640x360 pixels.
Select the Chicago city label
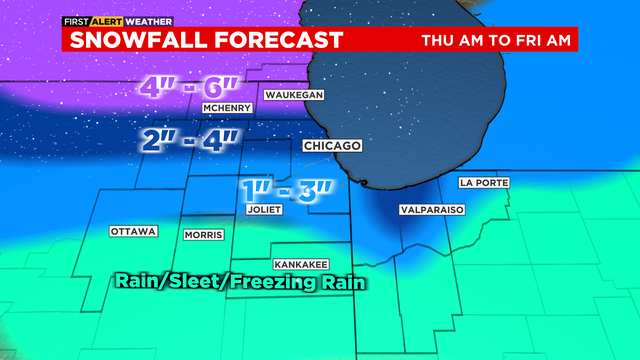pos(332,146)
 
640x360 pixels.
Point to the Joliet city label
pos(265,210)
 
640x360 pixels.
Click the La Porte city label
pos(480,183)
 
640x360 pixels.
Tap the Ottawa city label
pos(133,232)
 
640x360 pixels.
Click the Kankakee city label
pos(301,263)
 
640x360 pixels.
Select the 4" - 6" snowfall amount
pos(189,87)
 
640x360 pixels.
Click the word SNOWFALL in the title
pos(135,40)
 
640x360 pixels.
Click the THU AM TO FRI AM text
pos(496,41)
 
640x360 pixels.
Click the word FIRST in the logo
pos(76,20)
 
